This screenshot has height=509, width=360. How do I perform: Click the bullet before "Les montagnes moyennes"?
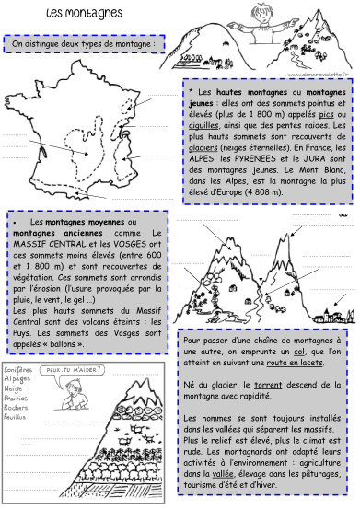click(17, 223)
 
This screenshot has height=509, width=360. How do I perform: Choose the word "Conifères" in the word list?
click(19, 368)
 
